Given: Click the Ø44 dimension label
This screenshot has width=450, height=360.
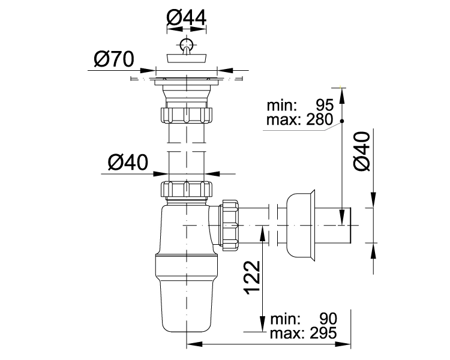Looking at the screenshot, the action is coord(186,18).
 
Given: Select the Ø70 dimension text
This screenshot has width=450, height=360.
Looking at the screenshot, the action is coord(114,59).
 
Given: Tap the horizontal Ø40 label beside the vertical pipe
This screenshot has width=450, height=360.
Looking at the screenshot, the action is coord(128,162).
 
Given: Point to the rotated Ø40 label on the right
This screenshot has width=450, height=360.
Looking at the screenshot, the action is coord(362,151).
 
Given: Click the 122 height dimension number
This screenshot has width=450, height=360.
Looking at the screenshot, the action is coord(252,277).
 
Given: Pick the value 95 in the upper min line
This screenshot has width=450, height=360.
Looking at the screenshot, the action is coord(325,106).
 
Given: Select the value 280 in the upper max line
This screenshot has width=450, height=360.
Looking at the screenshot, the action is coord(319,119).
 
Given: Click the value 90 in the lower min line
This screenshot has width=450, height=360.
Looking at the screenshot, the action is coord(328,319).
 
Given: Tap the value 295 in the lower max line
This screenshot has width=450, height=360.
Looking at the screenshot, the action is coord(323,333).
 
